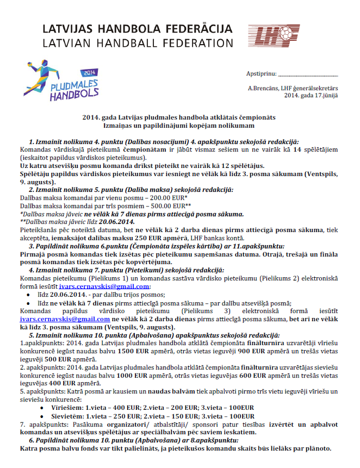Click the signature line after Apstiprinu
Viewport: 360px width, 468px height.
[308, 74]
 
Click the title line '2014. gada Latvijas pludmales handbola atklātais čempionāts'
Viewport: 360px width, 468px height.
[179, 117]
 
